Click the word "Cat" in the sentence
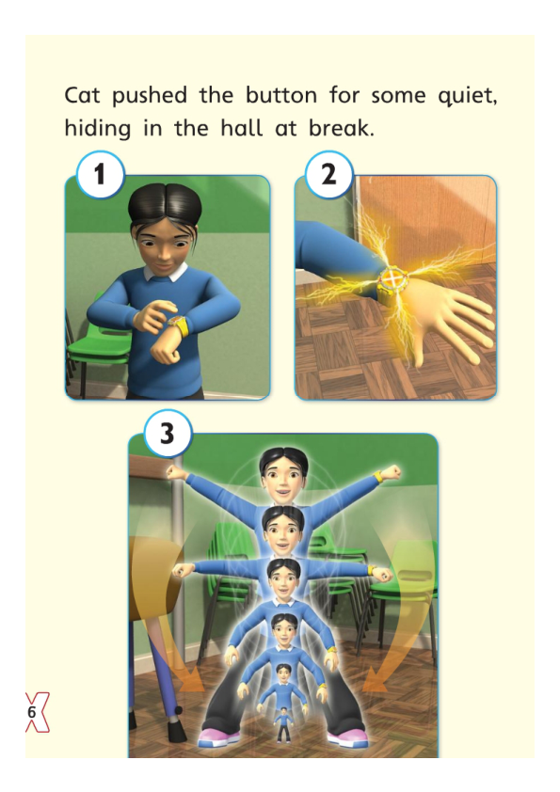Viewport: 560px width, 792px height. [x=84, y=96]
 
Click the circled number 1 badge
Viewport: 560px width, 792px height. [x=98, y=174]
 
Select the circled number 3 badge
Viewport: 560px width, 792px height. [x=168, y=434]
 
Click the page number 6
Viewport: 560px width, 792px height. [x=31, y=713]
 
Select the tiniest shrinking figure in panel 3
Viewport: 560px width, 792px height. [x=283, y=720]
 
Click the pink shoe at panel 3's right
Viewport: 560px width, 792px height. [x=347, y=737]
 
